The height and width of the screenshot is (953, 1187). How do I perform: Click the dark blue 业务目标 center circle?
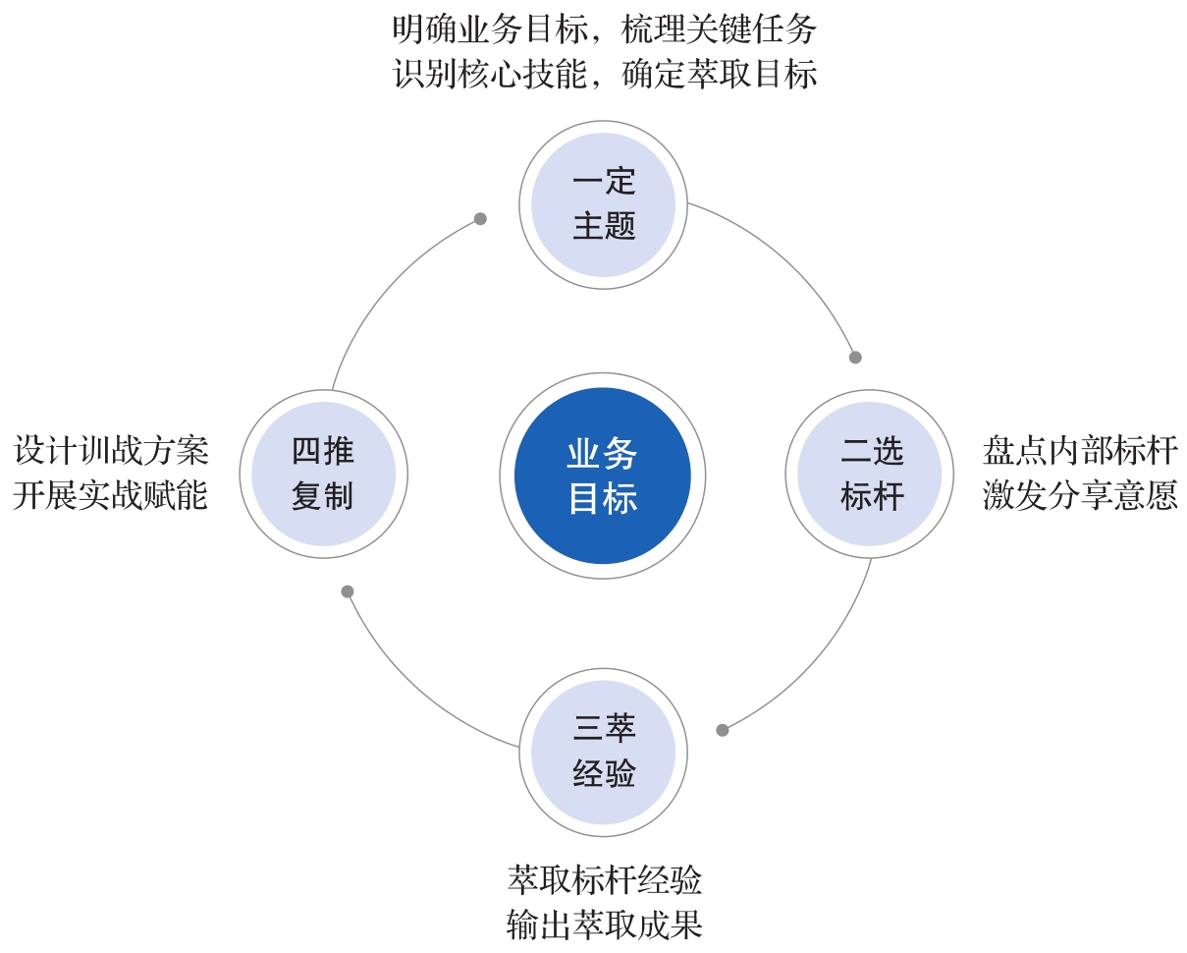click(602, 476)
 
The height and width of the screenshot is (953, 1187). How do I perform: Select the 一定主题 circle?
click(603, 204)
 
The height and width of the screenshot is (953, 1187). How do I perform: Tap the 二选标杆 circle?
click(869, 474)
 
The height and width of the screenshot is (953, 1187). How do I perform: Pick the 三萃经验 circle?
click(603, 753)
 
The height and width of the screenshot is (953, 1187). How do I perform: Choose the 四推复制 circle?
click(323, 474)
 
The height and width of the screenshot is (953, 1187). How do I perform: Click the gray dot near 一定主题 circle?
click(480, 219)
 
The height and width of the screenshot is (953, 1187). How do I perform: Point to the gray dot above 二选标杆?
click(855, 358)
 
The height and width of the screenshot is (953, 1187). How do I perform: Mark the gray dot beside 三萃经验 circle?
click(723, 731)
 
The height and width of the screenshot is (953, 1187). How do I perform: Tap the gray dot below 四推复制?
click(347, 591)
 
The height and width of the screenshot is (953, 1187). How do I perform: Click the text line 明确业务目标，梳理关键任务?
click(604, 29)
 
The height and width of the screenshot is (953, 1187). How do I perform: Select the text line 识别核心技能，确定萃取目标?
click(604, 75)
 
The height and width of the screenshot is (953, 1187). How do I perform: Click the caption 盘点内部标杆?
click(1080, 451)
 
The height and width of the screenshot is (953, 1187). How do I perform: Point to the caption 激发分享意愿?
click(1080, 495)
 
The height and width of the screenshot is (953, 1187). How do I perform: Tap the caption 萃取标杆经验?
click(604, 880)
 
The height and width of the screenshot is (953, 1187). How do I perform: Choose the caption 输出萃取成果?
click(604, 925)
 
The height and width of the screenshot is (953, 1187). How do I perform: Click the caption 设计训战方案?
click(111, 451)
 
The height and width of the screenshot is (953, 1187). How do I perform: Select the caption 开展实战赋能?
click(111, 495)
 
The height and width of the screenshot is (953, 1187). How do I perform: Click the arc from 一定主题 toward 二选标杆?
click(790, 260)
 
